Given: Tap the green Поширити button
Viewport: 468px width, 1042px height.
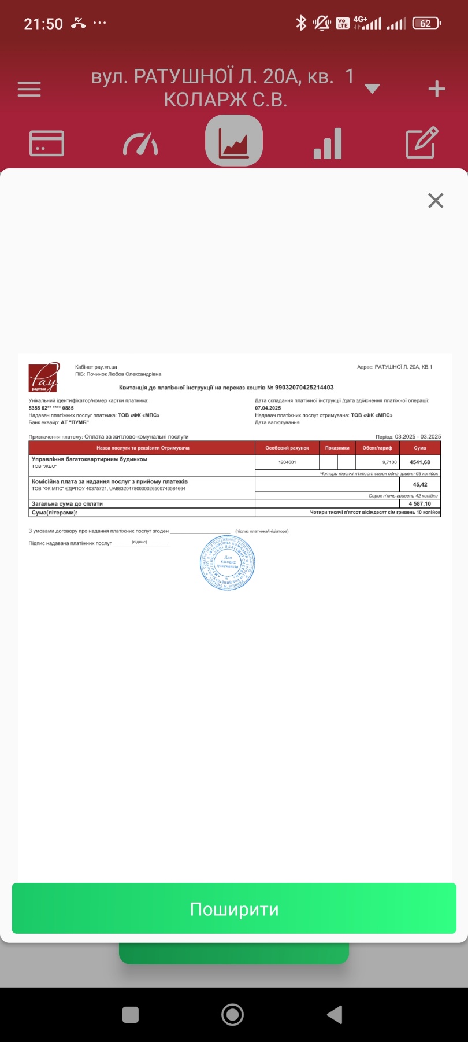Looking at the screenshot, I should point(234,909).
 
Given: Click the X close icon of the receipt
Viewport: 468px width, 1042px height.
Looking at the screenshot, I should point(436,201).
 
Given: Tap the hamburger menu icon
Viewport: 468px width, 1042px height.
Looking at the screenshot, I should point(29,89).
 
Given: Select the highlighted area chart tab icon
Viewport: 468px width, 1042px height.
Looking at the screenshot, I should point(234,141).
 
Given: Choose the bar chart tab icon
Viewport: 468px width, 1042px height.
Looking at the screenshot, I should point(328,143).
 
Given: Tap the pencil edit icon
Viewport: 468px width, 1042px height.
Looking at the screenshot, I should point(422,143).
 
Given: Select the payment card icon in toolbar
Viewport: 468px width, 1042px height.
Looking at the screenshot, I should point(47,143).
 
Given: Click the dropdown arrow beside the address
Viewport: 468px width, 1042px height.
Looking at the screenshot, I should point(373,89).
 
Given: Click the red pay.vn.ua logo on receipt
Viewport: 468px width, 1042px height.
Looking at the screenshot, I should point(44,377).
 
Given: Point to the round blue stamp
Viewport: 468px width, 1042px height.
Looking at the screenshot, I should point(227,562).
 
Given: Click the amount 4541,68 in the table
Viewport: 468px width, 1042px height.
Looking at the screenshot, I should point(419,462).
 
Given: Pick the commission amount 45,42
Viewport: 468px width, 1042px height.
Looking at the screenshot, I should point(420,484).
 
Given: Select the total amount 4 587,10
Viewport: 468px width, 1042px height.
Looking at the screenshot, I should point(419,503).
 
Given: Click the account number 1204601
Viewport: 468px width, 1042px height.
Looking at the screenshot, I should point(287,462).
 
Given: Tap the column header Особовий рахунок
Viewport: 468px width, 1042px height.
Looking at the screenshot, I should point(287,448).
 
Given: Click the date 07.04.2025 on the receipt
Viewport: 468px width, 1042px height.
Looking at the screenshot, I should point(268,408).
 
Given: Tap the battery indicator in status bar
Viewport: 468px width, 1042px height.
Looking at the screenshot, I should point(426,24).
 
